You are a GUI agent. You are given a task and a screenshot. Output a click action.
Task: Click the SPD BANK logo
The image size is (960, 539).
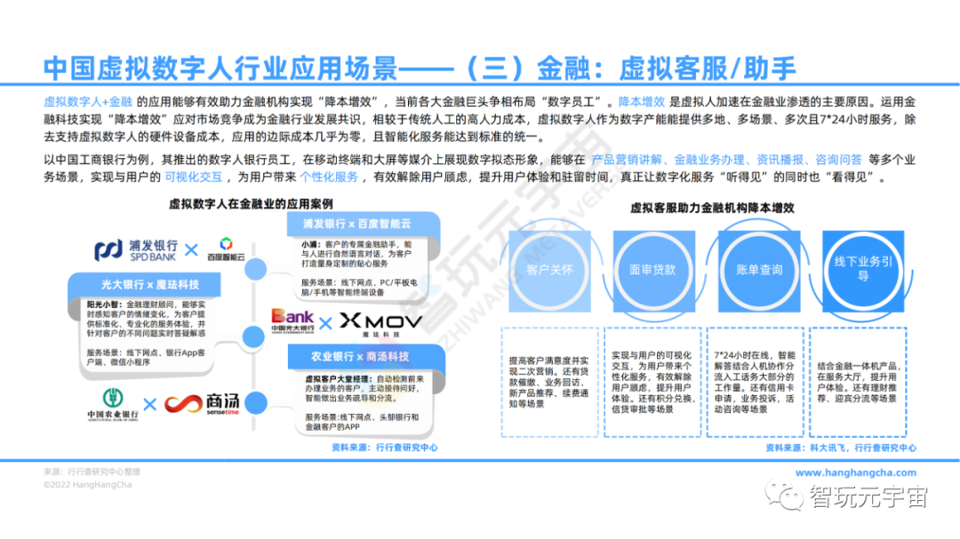coord(135,250)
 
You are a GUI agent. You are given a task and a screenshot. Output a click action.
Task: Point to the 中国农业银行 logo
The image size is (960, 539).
coord(111,405)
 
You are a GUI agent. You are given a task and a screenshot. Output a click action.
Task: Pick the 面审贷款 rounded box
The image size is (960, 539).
coord(652,269)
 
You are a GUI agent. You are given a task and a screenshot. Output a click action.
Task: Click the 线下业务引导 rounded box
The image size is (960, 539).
coord(862,269)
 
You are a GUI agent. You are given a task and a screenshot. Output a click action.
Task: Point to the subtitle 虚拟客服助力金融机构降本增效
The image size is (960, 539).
coord(712,207)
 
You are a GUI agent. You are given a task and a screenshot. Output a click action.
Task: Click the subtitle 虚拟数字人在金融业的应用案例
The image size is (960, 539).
coord(241,203)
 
